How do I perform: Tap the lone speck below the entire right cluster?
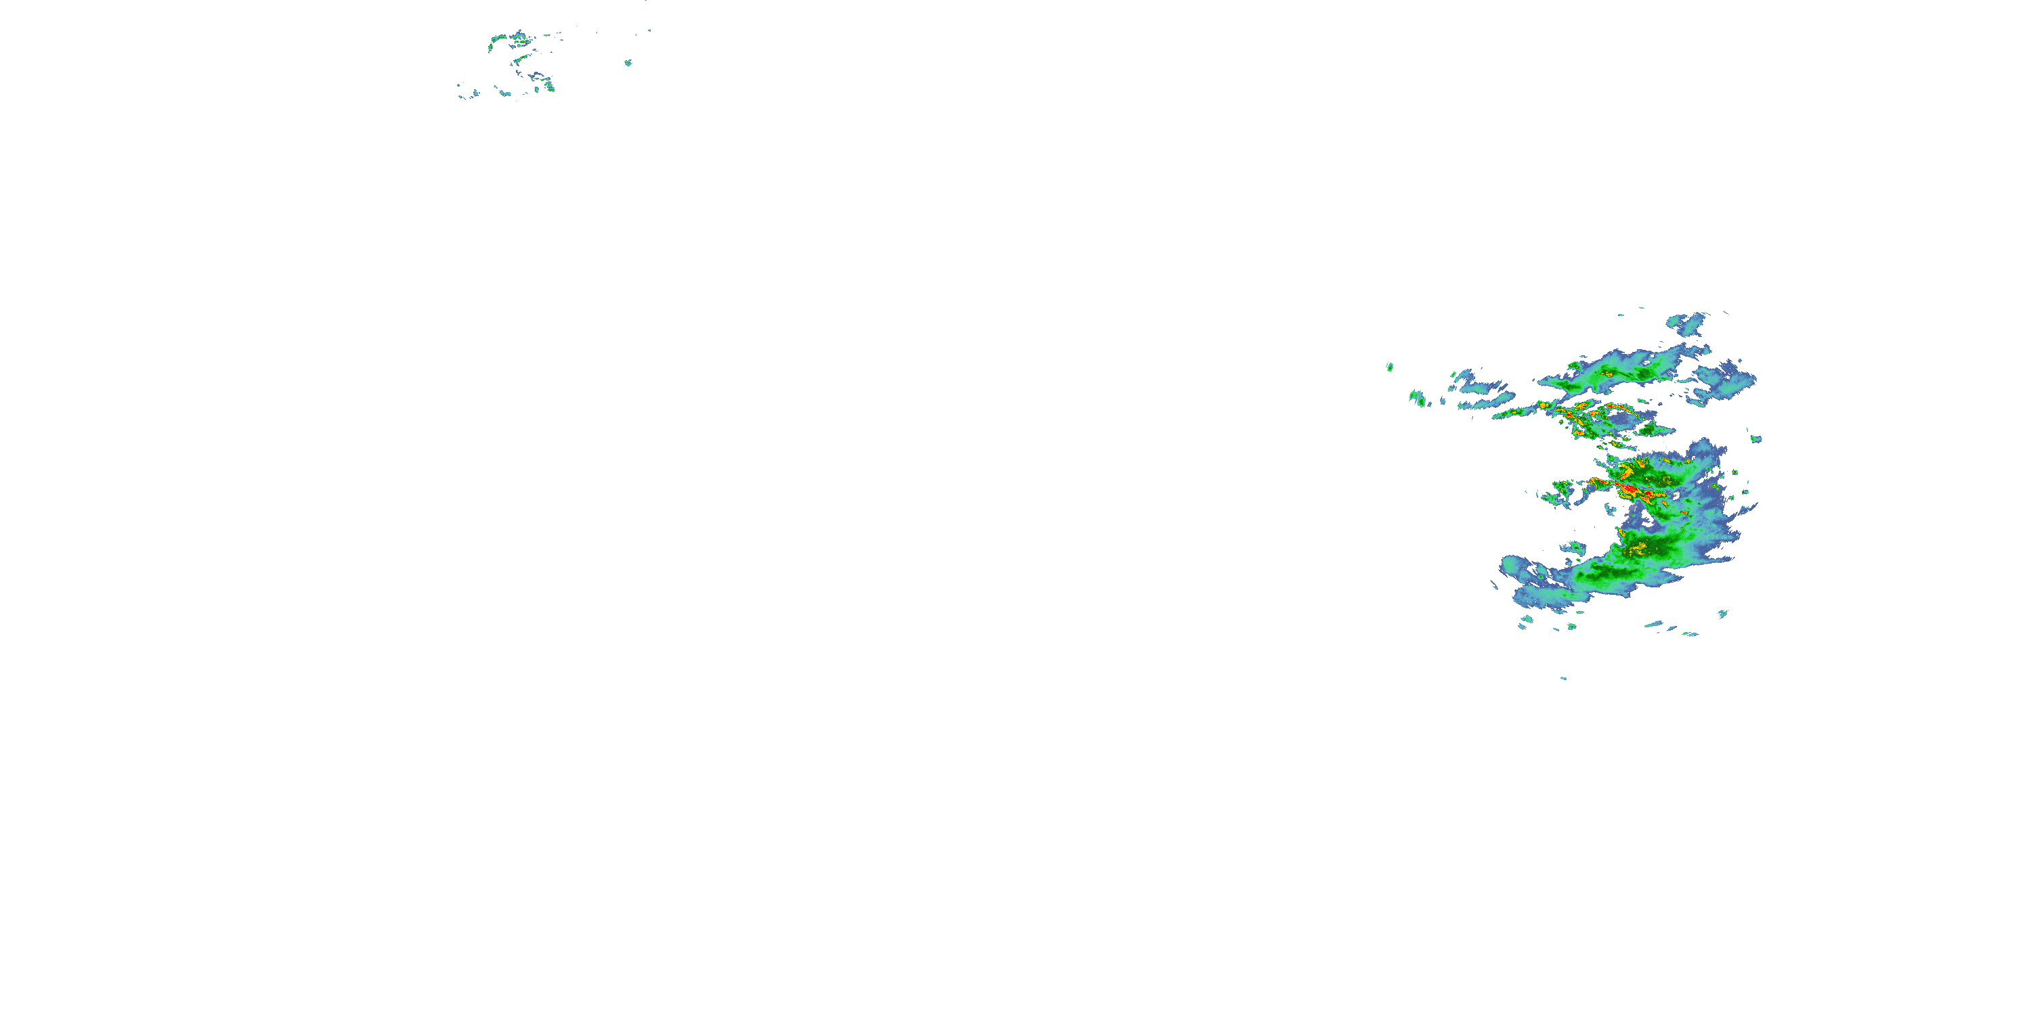[1563, 678]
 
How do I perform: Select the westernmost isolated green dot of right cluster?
[1389, 367]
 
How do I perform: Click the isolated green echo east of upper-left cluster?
[628, 62]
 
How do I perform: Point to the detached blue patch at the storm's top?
[1686, 322]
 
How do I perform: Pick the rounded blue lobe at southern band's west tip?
[1513, 566]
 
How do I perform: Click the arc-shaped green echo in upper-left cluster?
[498, 39]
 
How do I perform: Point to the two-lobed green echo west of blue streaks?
[1418, 398]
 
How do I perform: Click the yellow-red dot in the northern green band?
[1604, 374]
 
